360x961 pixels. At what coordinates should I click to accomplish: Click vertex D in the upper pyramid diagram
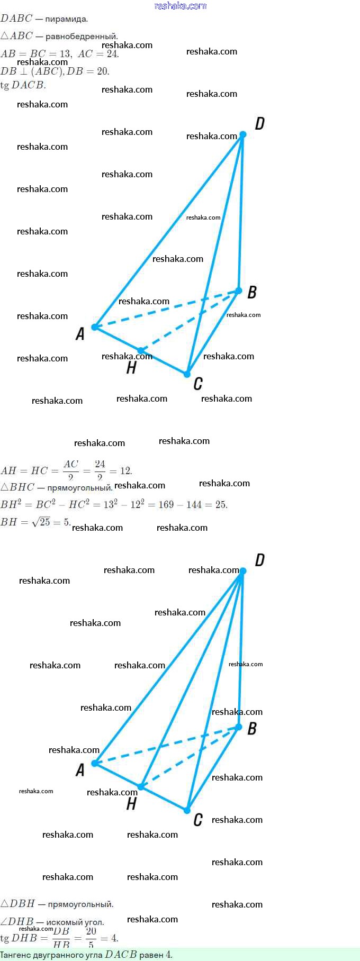(x=242, y=134)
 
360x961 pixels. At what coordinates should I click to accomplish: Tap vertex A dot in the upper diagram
(x=95, y=327)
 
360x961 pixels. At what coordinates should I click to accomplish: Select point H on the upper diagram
(x=140, y=350)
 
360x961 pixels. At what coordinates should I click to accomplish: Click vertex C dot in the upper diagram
(x=187, y=374)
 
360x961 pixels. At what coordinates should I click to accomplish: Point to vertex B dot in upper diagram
(x=238, y=291)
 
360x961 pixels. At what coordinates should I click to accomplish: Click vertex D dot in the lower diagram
(x=243, y=571)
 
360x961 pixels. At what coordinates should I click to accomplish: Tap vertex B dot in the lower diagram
(x=238, y=727)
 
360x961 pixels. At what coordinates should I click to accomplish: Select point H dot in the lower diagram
(x=141, y=787)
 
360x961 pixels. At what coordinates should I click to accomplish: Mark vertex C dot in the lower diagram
(x=187, y=810)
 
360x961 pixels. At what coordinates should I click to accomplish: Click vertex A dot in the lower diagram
(x=95, y=763)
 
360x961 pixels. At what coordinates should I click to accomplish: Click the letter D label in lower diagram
(x=259, y=560)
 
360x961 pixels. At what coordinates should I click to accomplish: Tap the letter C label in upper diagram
(x=198, y=384)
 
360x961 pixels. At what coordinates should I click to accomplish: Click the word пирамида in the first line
(x=66, y=19)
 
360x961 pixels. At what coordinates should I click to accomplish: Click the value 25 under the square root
(x=45, y=522)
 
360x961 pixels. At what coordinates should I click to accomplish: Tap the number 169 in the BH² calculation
(x=166, y=504)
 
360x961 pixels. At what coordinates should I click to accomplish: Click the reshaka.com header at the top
(x=180, y=6)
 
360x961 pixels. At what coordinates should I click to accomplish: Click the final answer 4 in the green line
(x=168, y=955)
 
